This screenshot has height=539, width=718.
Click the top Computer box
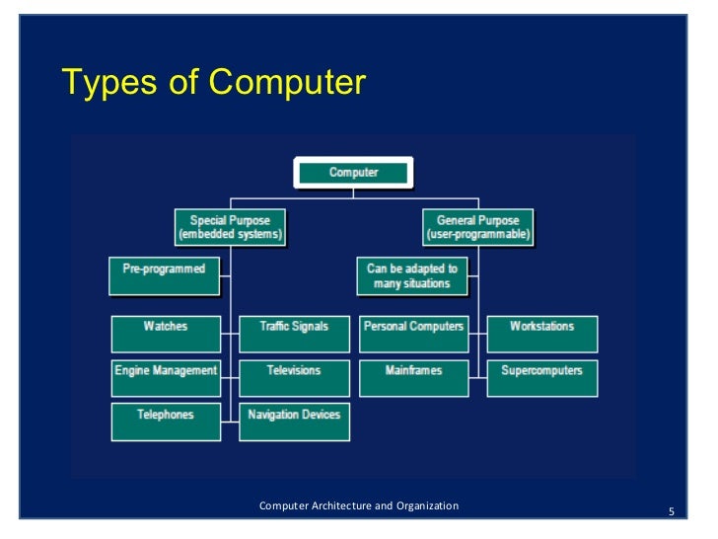(x=353, y=173)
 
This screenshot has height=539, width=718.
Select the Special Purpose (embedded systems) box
(x=229, y=227)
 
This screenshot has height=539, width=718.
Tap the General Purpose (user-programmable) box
(x=477, y=227)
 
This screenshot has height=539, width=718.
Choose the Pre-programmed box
(x=164, y=274)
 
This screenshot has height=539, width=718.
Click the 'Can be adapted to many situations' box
(x=412, y=276)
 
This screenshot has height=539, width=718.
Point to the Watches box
(x=165, y=334)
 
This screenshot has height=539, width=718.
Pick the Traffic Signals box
(x=294, y=334)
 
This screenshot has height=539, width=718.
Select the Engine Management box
(x=165, y=378)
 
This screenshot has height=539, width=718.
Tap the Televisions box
(x=294, y=378)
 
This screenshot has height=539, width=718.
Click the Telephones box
(x=165, y=422)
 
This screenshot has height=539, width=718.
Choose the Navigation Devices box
(x=294, y=422)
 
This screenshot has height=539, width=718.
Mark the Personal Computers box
(x=413, y=334)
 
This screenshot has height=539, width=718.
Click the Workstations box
(x=541, y=334)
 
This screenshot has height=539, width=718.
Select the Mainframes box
(x=413, y=378)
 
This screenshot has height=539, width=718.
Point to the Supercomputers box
(x=541, y=378)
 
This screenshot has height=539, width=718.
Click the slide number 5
(x=671, y=511)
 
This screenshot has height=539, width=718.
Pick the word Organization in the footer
(x=427, y=506)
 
